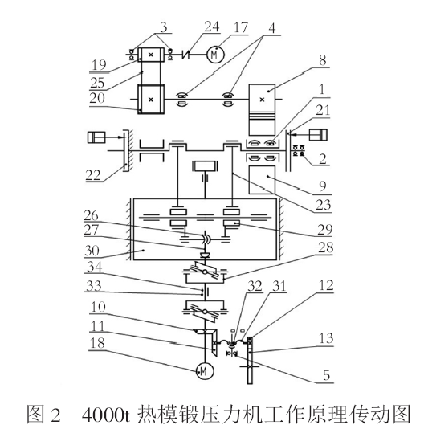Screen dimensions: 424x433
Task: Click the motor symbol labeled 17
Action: tap(215, 55)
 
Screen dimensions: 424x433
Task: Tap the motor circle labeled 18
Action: tap(204, 371)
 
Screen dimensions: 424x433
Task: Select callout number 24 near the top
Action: tap(212, 27)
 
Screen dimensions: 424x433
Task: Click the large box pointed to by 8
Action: tap(262, 109)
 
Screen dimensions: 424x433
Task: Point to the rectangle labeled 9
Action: tap(262, 180)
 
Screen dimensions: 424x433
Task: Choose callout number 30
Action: tap(92, 251)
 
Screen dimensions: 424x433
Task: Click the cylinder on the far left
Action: tap(96, 137)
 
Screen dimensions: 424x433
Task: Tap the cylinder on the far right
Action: tap(318, 135)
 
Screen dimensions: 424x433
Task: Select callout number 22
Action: tap(93, 175)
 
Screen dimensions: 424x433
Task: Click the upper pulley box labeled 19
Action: tap(151, 55)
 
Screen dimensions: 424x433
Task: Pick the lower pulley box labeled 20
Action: tap(151, 99)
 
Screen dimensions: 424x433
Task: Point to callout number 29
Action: tap(324, 230)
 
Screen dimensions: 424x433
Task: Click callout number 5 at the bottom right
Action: tap(327, 375)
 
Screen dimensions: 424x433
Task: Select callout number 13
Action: tap(326, 338)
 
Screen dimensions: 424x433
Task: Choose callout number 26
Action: tap(92, 215)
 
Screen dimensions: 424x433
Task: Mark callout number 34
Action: tap(95, 267)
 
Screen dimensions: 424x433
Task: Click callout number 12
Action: tap(326, 285)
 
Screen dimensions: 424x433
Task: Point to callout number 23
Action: tap(324, 205)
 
